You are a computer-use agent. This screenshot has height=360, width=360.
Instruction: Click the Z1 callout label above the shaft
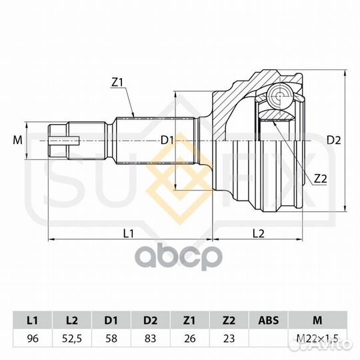tap(117, 83)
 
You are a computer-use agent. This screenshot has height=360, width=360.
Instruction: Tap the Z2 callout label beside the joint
tap(320, 179)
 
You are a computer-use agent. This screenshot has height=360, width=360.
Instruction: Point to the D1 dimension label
tap(167, 140)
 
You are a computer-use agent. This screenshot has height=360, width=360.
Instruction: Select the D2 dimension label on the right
tap(334, 140)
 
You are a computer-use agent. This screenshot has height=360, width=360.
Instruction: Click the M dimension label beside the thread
tap(18, 140)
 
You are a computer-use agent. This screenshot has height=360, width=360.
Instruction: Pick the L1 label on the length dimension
tap(129, 233)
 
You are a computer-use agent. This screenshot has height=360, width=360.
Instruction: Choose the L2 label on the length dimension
tap(259, 233)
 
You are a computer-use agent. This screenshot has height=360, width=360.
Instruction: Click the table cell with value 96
tap(33, 339)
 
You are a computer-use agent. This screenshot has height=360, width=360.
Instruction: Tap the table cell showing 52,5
tap(72, 339)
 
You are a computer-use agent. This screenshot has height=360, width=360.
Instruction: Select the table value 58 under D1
tap(111, 339)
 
